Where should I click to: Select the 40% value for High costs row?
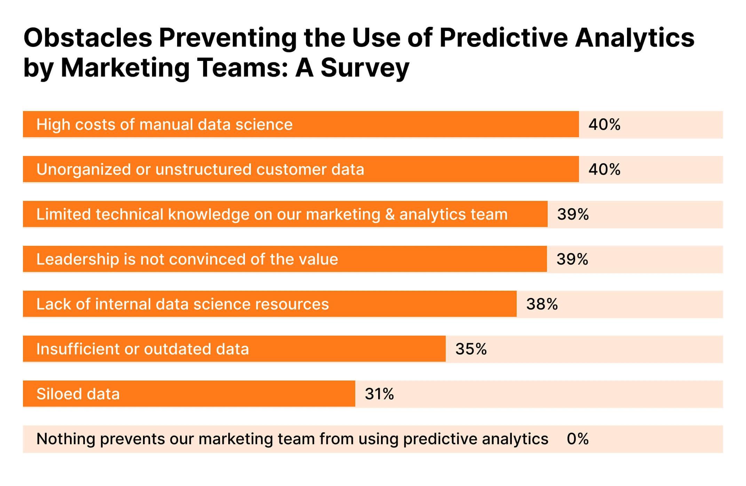[x=604, y=125]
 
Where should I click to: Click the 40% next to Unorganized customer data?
[x=604, y=170]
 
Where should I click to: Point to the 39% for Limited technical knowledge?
[x=573, y=214]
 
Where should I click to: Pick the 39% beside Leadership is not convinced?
[x=572, y=259]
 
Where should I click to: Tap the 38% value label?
[x=542, y=304]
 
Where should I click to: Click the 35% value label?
[x=471, y=349]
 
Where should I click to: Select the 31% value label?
[x=379, y=394]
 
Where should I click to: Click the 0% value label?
[x=578, y=439]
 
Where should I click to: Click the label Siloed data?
[x=78, y=394]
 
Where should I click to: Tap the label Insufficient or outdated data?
[x=143, y=349]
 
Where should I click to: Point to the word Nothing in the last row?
[x=65, y=439]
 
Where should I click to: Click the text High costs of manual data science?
[x=164, y=125]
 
